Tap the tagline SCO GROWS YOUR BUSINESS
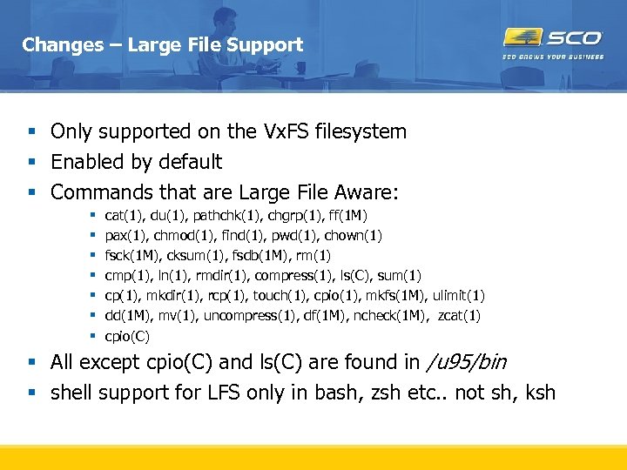552,57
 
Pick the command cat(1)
124,216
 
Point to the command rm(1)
313,256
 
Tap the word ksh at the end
540,393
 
